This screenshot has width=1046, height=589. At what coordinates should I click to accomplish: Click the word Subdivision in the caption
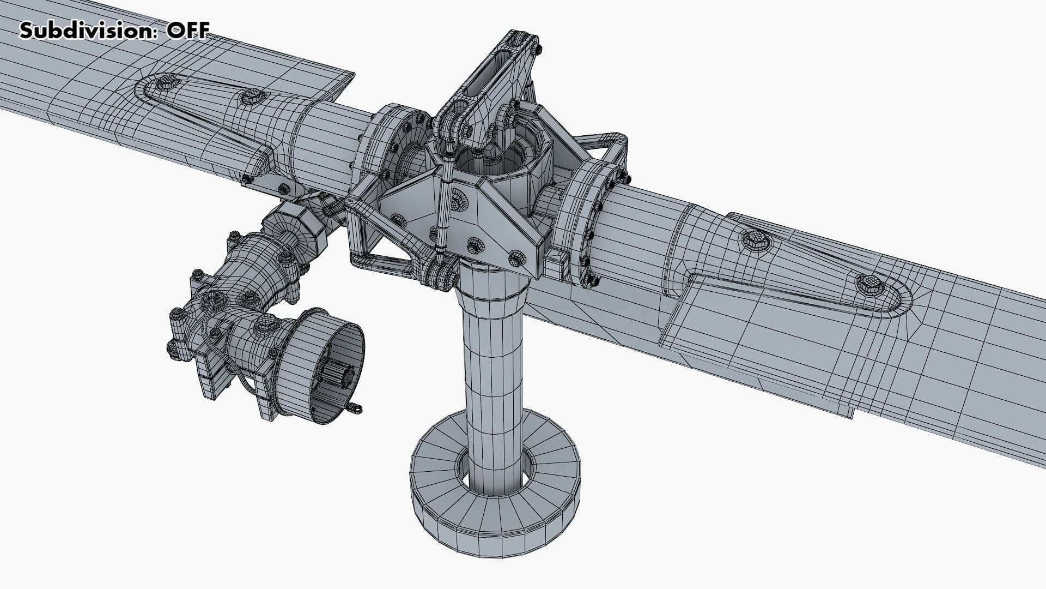click(82, 31)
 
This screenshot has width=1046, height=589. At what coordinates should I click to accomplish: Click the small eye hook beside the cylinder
click(354, 407)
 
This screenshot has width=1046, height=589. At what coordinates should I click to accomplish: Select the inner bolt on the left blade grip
click(252, 98)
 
